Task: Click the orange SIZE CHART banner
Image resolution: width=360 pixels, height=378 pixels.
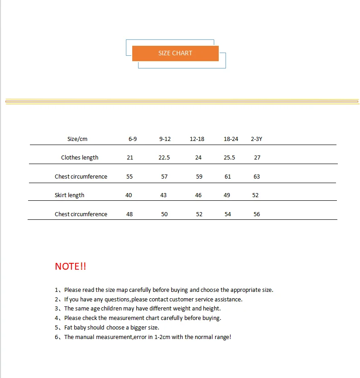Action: [x=175, y=53]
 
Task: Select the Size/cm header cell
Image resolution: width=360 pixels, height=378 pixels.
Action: [x=77, y=139]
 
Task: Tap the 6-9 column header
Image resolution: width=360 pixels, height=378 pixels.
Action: [x=133, y=139]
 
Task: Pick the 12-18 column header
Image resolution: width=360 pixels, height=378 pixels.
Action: [x=197, y=139]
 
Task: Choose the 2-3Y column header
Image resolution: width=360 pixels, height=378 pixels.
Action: [x=256, y=139]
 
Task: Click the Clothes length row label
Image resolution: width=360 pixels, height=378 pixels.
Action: [x=80, y=158]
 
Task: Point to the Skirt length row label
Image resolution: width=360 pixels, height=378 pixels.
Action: [x=70, y=195]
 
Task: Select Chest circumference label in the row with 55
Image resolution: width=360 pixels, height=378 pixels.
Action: [x=81, y=177]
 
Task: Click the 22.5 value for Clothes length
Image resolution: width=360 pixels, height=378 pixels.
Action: [x=164, y=158]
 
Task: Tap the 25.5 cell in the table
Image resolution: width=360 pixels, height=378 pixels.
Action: [x=230, y=158]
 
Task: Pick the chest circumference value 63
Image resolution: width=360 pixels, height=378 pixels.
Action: [x=257, y=177]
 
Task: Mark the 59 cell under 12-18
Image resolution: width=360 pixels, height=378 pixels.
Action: [x=199, y=177]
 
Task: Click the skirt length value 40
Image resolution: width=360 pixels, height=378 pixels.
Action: [x=129, y=195]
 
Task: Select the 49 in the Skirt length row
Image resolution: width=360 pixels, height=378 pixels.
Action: [x=227, y=195]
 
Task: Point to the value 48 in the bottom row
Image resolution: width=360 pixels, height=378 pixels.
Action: [x=130, y=214]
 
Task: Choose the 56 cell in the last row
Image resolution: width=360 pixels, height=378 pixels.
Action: [x=257, y=214]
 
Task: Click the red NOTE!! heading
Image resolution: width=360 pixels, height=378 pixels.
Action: [x=70, y=267]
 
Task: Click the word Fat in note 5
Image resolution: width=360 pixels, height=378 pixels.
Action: [x=69, y=328]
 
